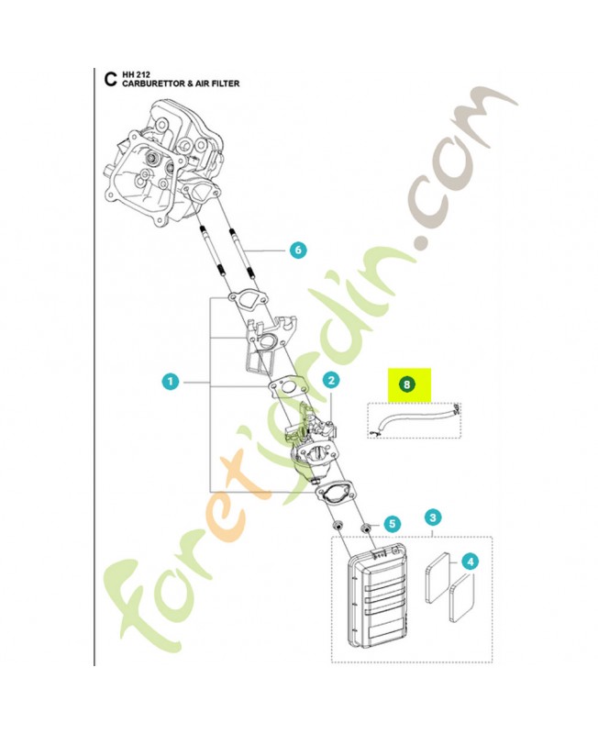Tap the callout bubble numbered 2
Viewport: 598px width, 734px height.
(331, 379)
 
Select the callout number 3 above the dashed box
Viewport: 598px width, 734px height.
(433, 517)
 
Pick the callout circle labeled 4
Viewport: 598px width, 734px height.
(469, 560)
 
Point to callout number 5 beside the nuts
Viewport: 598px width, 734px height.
(392, 524)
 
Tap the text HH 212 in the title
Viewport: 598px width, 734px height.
(136, 73)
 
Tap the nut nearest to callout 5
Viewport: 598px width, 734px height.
(365, 528)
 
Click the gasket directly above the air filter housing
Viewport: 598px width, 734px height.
(335, 493)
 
